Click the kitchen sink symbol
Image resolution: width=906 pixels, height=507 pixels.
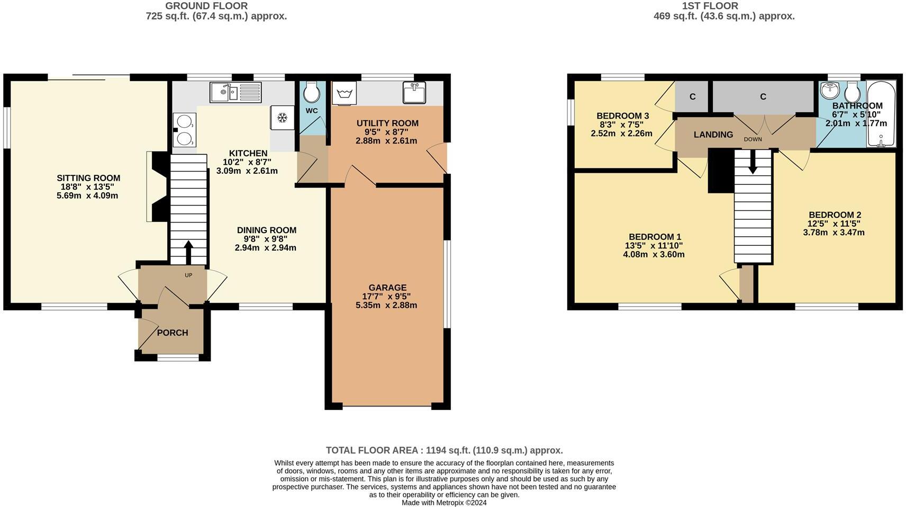tap(235, 93)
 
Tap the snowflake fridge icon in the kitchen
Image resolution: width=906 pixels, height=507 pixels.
tap(283, 118)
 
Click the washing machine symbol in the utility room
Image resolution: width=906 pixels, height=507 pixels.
tap(345, 93)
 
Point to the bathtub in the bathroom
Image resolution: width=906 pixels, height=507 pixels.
tap(881, 113)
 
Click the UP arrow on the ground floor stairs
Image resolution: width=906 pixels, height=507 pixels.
tap(188, 252)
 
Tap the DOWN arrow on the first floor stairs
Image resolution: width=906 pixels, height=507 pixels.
tap(753, 163)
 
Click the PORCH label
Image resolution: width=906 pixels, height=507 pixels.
tap(173, 333)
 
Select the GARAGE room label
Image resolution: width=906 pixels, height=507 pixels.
tap(387, 288)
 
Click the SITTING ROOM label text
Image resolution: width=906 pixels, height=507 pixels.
tap(88, 178)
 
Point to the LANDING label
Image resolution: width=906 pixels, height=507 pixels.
tap(713, 135)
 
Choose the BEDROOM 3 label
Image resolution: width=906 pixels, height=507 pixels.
tap(622, 116)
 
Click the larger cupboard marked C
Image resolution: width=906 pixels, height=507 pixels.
tap(763, 96)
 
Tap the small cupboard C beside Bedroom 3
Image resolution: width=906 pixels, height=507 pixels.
tap(692, 96)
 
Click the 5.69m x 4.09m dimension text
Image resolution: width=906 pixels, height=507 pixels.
tap(87, 195)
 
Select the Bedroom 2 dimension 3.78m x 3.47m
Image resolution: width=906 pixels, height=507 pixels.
tap(833, 232)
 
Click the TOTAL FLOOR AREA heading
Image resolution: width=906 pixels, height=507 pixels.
tap(444, 450)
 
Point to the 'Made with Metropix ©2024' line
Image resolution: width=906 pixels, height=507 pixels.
tap(443, 502)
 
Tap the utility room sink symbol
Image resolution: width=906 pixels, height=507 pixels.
tap(414, 92)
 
